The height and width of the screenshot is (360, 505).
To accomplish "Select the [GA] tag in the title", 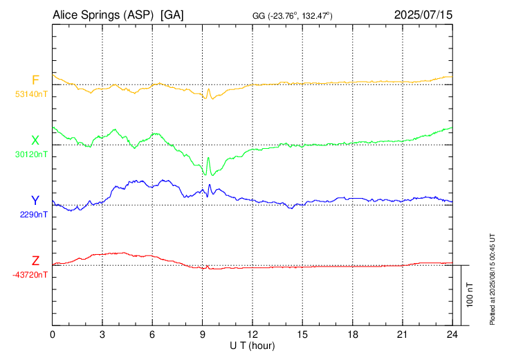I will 172,15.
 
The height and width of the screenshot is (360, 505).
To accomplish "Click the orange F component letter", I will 35,80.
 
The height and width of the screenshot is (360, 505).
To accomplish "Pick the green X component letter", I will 35,140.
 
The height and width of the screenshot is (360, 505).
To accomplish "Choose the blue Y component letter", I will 35,200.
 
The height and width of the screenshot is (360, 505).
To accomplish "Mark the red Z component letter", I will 35,260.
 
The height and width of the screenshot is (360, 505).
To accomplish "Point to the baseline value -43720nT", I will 30,275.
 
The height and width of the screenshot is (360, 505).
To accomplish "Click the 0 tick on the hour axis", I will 53,334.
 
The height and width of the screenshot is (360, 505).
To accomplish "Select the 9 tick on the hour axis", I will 203,334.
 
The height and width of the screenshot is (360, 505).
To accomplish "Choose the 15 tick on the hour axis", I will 302,334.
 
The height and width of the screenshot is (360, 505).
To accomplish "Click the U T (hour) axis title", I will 252,345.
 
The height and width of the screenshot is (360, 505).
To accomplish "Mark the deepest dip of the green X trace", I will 212,174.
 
